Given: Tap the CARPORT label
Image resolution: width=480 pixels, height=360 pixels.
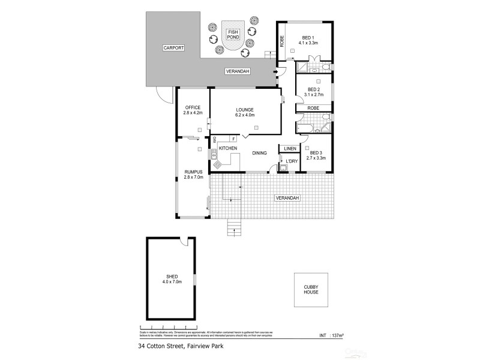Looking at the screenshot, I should pos(173,47).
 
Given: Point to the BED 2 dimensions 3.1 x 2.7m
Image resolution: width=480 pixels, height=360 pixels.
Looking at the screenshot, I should pos(314,95).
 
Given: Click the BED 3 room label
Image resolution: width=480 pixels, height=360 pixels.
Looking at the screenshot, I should pos(317,152).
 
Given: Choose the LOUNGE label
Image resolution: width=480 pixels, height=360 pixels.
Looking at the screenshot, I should pos(245,109).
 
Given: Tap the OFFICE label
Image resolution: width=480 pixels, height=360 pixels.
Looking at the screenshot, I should pos(193,107).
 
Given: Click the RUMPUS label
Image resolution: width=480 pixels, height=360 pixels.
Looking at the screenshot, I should pos(193,172).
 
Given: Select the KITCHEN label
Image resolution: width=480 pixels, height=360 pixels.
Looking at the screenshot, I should pos(228,148).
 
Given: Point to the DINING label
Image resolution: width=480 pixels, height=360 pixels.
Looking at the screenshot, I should pos(259,154).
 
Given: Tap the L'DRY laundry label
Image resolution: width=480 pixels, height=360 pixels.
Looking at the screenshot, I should pos(292,161).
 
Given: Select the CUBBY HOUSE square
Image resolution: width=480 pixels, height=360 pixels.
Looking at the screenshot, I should pos(311,290).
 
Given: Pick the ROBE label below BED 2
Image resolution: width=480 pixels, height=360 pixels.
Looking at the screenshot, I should pos(313,108).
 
